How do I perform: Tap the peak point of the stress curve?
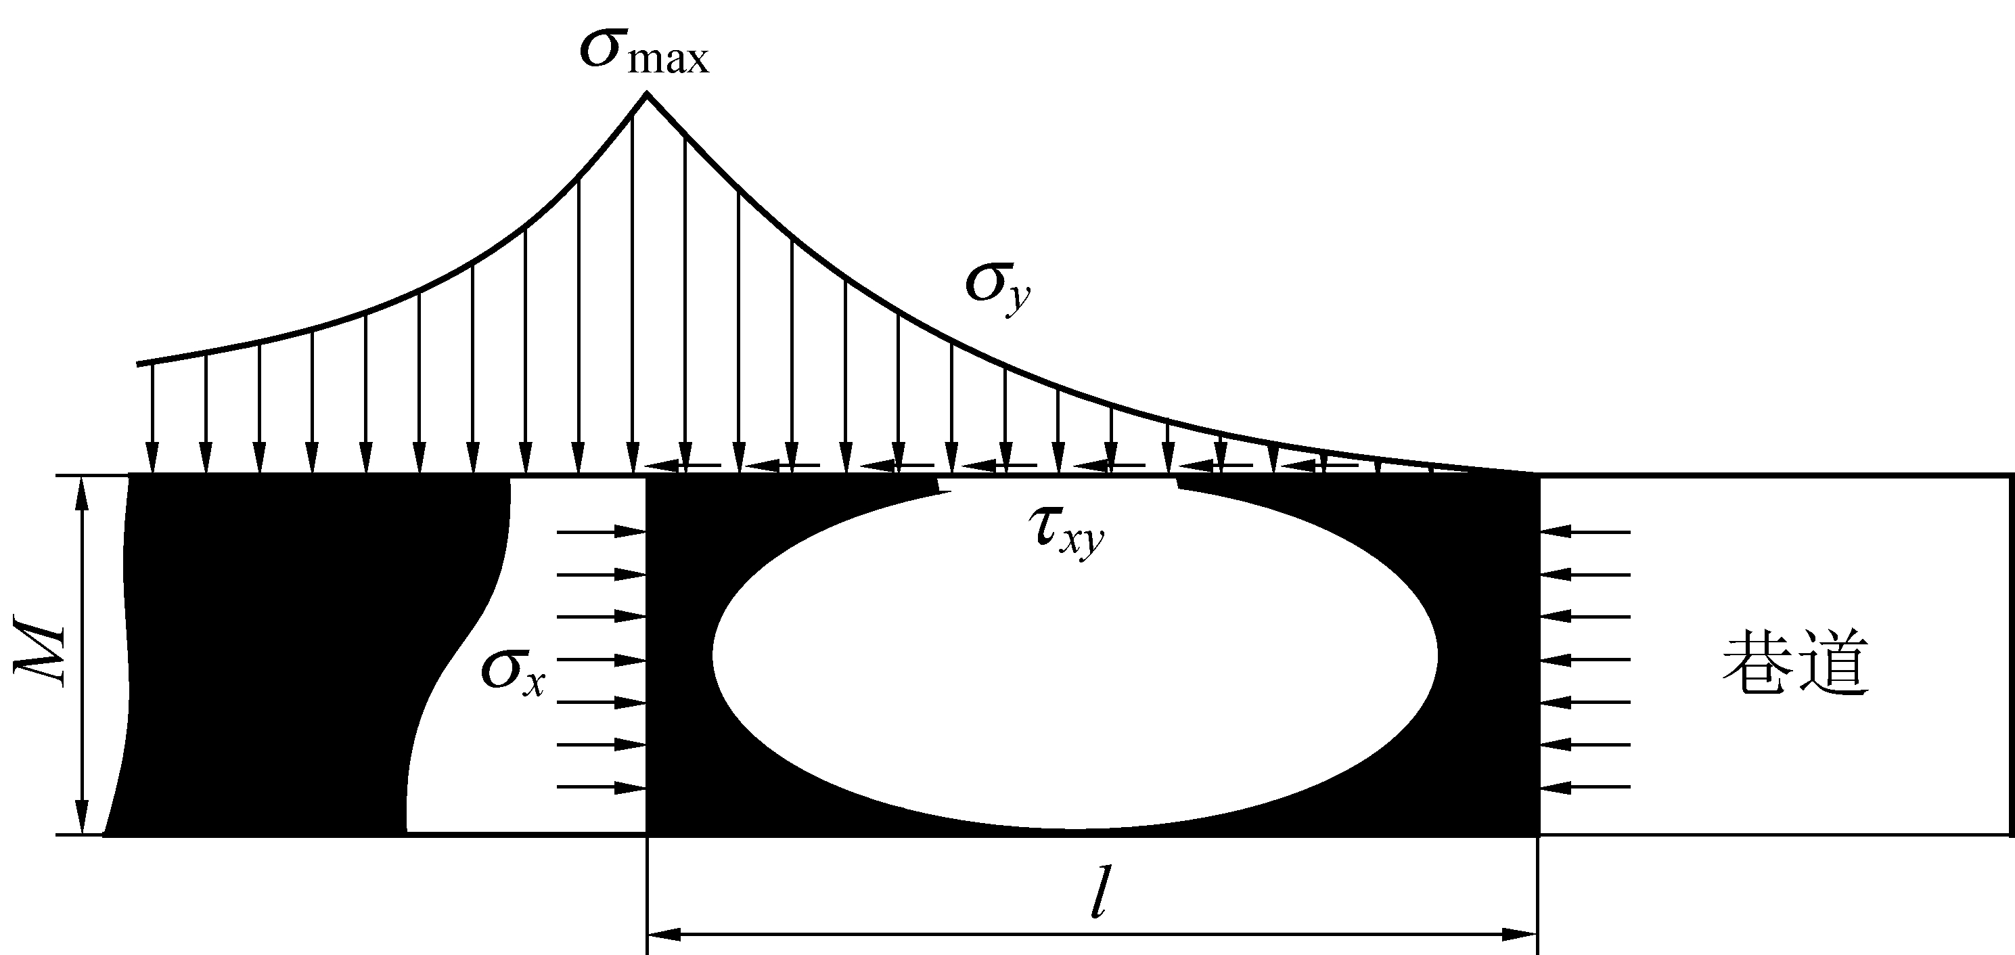click(x=646, y=93)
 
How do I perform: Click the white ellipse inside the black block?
click(x=1074, y=655)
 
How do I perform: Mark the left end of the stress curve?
click(x=139, y=363)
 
